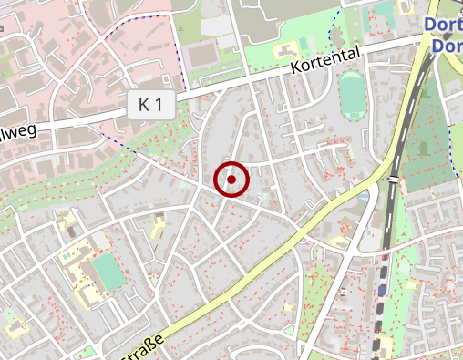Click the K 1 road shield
[x=150, y=105]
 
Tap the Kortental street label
[x=326, y=61]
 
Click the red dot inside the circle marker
[x=231, y=180]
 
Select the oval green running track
[x=351, y=95]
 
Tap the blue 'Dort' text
[x=444, y=26]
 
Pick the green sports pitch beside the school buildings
[x=106, y=274]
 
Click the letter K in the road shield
[x=144, y=105]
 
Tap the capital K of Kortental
[x=296, y=70]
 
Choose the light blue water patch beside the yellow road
[x=364, y=195]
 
